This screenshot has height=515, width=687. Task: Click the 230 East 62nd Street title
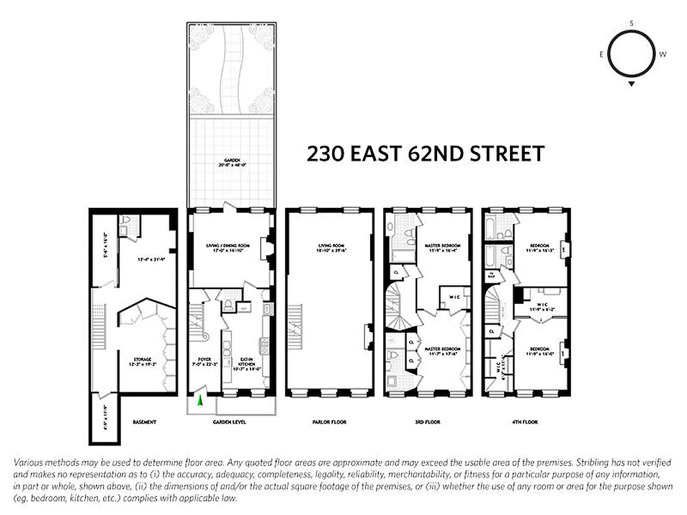point(426,154)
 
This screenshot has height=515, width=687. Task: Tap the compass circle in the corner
point(632,54)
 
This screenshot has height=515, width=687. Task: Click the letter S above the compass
point(632,23)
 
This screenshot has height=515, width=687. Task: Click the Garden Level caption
point(230,422)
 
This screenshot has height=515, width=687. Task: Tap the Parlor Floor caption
point(329,422)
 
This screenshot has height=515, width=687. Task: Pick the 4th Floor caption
point(525,422)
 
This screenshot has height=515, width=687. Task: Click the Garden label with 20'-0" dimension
point(232,162)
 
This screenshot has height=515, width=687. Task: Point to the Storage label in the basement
point(142,360)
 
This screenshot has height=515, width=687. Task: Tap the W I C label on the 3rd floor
point(453,298)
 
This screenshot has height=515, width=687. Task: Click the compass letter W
point(663,54)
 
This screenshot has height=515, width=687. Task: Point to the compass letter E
point(601,54)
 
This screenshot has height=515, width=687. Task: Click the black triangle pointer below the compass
point(632,84)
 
